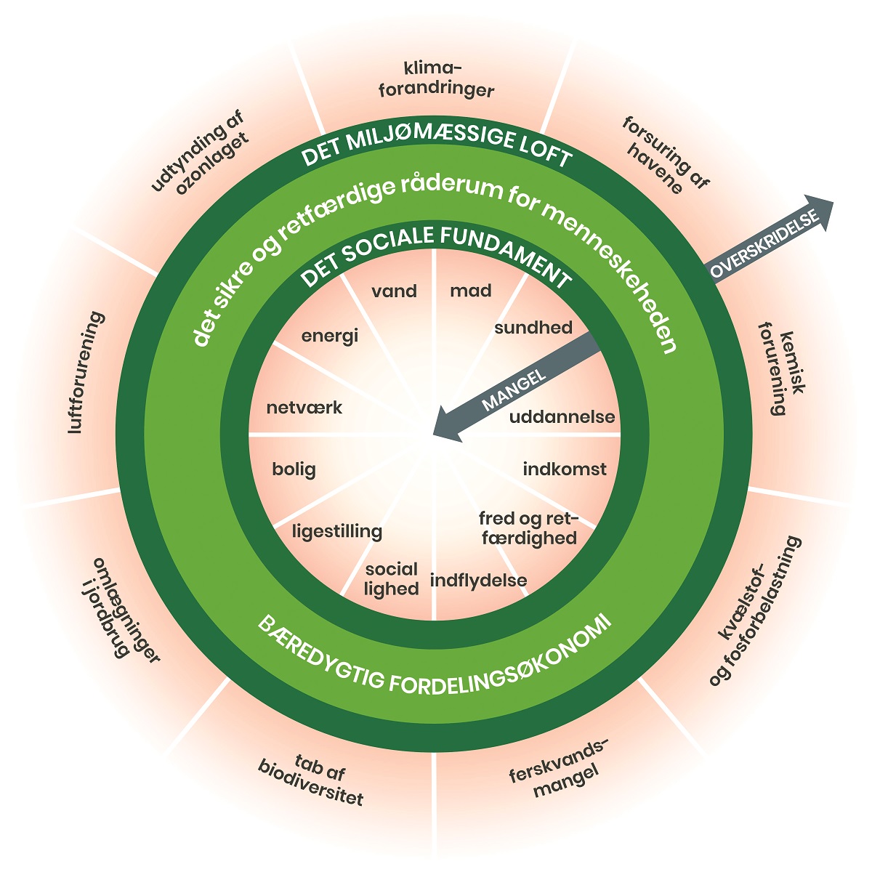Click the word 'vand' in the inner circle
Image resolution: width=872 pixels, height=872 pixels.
click(395, 291)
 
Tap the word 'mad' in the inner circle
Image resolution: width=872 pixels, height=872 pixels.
click(471, 291)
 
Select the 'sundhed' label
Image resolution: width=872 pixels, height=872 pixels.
click(533, 328)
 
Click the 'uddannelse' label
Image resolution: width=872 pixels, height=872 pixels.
click(562, 418)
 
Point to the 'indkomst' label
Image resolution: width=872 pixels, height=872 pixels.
click(565, 469)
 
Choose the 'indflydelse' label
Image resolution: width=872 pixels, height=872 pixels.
click(478, 581)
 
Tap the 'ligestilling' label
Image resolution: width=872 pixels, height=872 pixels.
click(337, 531)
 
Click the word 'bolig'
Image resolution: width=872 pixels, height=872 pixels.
click(294, 469)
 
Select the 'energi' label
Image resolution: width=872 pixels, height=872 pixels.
click(330, 337)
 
